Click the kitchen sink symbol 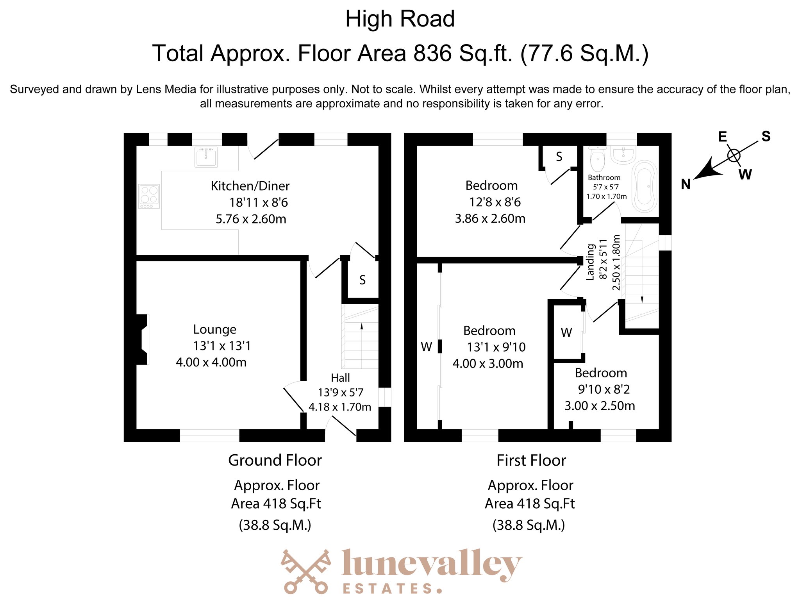[x=206, y=157]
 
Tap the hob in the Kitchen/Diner [x=149, y=196]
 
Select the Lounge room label [x=214, y=329]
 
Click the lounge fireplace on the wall [x=142, y=339]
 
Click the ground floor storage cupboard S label [x=362, y=280]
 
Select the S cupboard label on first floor [x=559, y=157]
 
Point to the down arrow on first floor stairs [x=642, y=299]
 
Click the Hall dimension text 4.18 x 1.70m [x=339, y=407]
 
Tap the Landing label [x=590, y=262]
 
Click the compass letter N [x=686, y=184]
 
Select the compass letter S [x=766, y=136]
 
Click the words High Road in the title [x=400, y=19]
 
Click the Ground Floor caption [x=275, y=460]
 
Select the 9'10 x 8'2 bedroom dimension [x=604, y=389]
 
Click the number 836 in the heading [x=432, y=53]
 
